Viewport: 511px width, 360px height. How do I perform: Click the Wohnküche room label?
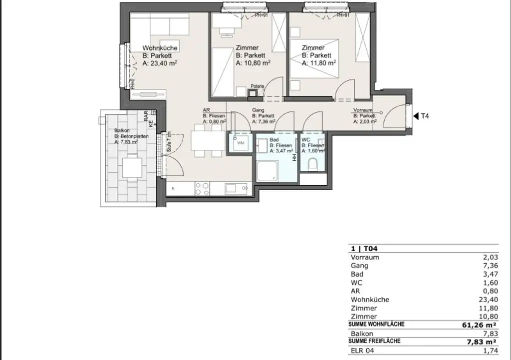pyautogui.click(x=160, y=48)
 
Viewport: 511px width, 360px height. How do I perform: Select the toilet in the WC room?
pyautogui.click(x=313, y=164)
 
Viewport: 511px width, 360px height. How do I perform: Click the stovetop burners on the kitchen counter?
pyautogui.click(x=202, y=188)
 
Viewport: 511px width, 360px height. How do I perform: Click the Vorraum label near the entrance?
pyautogui.click(x=363, y=110)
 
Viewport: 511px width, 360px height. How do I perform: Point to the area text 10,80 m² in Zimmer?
pyautogui.click(x=253, y=63)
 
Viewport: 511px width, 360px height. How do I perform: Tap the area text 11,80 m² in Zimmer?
pyautogui.click(x=318, y=62)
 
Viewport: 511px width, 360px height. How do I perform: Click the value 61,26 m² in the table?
pyautogui.click(x=480, y=325)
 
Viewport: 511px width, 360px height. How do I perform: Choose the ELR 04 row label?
pyautogui.click(x=362, y=351)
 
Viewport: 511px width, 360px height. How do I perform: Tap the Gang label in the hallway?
pyautogui.click(x=258, y=110)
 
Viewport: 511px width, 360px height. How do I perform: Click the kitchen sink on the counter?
pyautogui.click(x=232, y=188)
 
